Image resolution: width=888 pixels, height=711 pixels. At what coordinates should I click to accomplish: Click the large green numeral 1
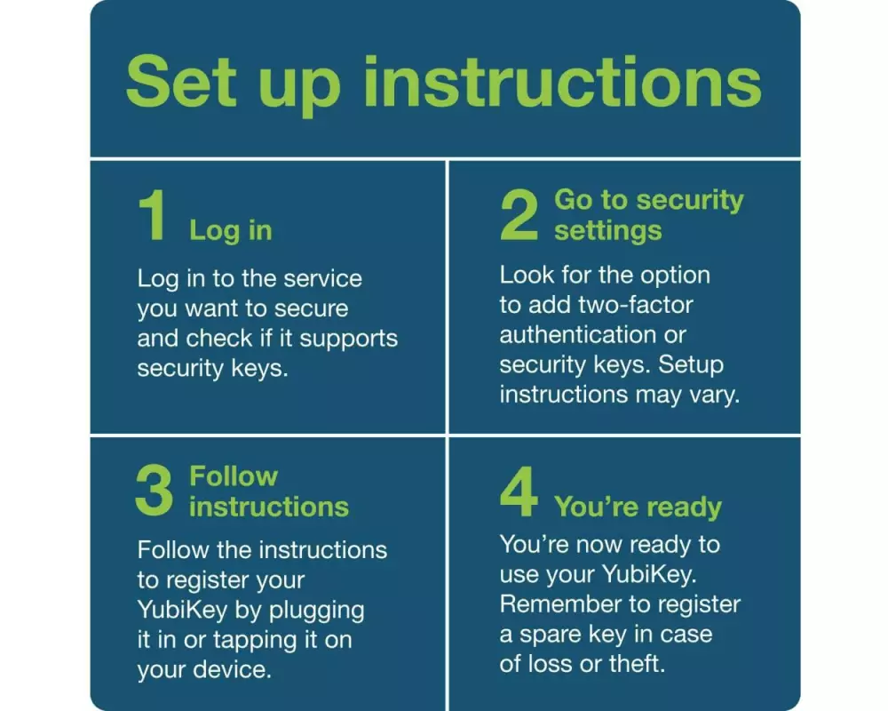[x=153, y=215]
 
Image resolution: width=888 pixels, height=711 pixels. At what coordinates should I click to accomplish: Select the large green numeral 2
[x=519, y=215]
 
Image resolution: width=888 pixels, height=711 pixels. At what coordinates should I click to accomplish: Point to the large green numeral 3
[x=154, y=491]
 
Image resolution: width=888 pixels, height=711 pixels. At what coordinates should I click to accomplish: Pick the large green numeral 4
[x=519, y=491]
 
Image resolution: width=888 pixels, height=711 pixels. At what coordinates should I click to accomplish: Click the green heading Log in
[x=231, y=231]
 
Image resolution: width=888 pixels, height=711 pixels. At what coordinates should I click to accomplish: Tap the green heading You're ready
[x=638, y=507]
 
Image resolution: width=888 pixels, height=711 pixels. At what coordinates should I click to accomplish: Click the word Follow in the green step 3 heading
[x=234, y=476]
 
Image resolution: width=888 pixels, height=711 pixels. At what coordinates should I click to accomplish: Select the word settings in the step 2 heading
[x=607, y=231]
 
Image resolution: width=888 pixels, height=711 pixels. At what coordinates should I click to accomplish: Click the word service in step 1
[x=322, y=278]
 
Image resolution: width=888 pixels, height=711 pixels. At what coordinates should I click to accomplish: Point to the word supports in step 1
[x=348, y=339]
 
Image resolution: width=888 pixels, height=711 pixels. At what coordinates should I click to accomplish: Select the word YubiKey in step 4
[x=648, y=574]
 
